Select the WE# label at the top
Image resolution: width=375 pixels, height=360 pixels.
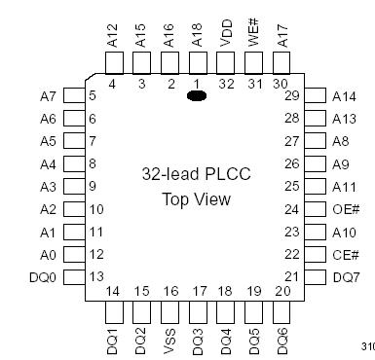[x=254, y=31]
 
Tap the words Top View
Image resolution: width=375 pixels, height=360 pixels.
[x=196, y=199]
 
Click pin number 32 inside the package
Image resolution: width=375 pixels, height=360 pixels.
[x=226, y=85]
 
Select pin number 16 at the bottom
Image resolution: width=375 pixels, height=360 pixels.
[x=169, y=291]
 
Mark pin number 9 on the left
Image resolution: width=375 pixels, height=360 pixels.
[x=93, y=186]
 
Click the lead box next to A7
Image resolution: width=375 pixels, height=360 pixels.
[x=73, y=95]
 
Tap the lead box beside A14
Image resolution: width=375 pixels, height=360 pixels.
[x=317, y=95]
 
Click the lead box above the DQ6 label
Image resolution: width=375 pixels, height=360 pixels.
[x=282, y=312]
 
